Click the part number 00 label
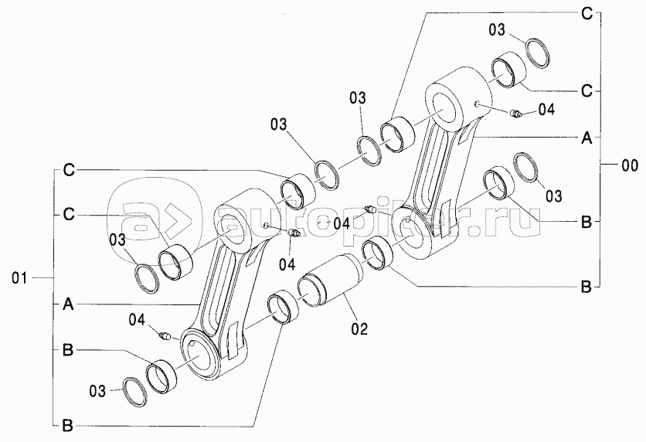click(629, 164)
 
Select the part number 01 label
click(21, 277)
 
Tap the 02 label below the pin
click(359, 328)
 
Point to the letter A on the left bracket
click(68, 306)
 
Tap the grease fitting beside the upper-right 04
click(517, 114)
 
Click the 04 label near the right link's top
click(546, 110)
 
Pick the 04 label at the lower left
click(137, 318)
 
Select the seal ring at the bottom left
click(138, 390)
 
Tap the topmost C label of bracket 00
click(586, 12)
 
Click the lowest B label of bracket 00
click(586, 287)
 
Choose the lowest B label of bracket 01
click(68, 424)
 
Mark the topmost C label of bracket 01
click(68, 169)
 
